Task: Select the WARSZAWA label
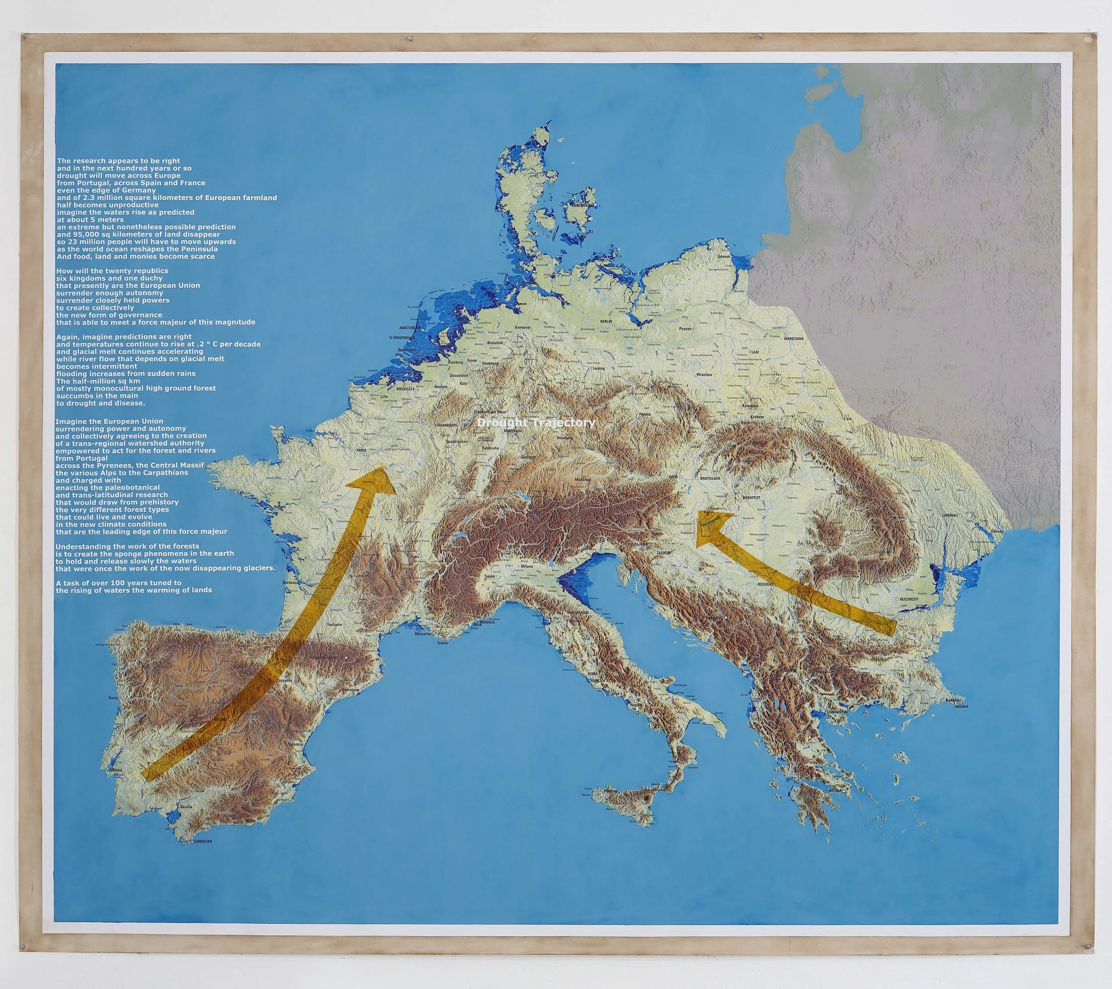pyautogui.click(x=794, y=338)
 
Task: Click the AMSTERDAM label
pyautogui.click(x=410, y=328)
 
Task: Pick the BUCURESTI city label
pyautogui.click(x=909, y=599)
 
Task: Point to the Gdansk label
pyautogui.click(x=724, y=256)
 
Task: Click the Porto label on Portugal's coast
pyautogui.click(x=113, y=698)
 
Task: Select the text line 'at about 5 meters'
pyautogui.click(x=90, y=220)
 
